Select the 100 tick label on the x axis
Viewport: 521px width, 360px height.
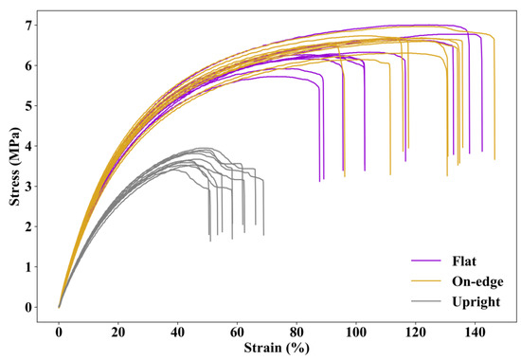355,333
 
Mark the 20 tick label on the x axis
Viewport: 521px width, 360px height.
118,333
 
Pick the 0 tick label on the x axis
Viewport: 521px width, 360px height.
59,333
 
